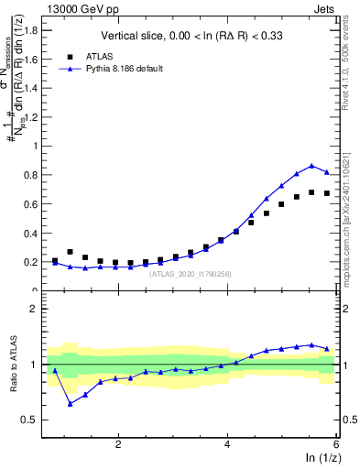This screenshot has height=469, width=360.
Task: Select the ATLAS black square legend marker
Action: pyautogui.click(x=70, y=55)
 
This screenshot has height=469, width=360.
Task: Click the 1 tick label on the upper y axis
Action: pyautogui.click(x=38, y=146)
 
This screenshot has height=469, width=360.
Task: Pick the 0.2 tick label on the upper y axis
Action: pyautogui.click(x=34, y=262)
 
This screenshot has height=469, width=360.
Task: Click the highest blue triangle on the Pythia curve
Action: pyautogui.click(x=312, y=165)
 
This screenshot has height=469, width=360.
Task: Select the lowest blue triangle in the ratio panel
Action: pyautogui.click(x=70, y=403)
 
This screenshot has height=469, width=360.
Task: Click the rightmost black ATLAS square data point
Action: pyautogui.click(x=327, y=193)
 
